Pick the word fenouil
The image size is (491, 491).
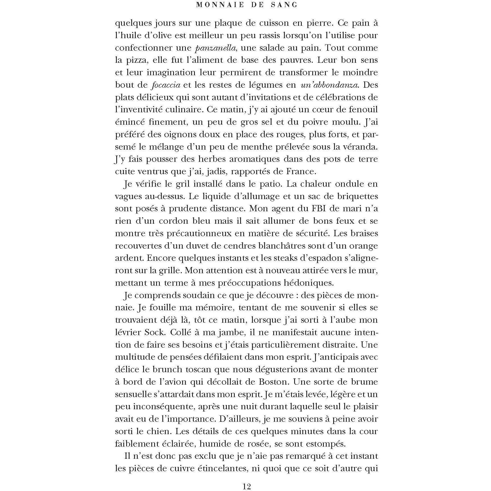pyautogui.click(x=362, y=109)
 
